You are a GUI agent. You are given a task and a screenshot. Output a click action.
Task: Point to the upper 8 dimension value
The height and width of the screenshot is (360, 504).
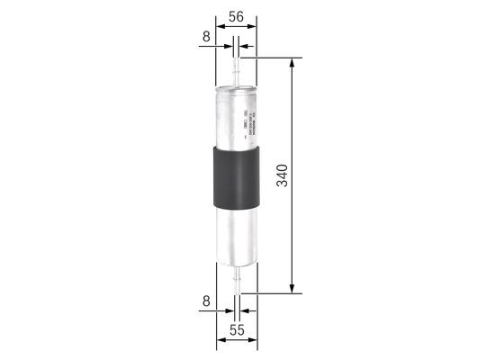pos(207,38)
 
